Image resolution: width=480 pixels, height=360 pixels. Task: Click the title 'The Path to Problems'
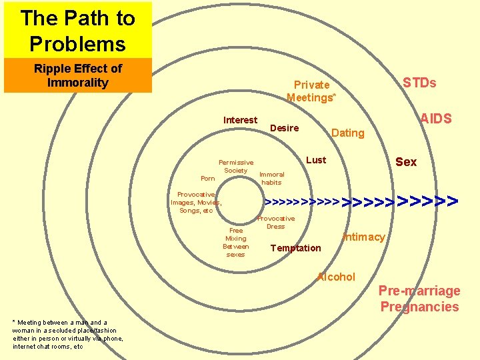[77, 31]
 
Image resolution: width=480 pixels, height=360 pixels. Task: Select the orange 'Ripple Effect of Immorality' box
[78, 75]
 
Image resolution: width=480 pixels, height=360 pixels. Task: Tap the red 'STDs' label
[419, 83]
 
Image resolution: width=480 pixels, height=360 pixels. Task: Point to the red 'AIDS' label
[435, 119]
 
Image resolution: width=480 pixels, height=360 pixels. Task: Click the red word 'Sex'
[406, 162]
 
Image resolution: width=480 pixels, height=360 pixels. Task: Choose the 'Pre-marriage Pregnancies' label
[419, 299]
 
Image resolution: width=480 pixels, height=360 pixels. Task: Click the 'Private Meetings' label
[311, 91]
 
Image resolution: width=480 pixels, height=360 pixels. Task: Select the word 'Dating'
[348, 133]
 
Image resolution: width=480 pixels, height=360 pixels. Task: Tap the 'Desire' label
[285, 128]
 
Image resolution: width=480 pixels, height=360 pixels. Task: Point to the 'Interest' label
[240, 120]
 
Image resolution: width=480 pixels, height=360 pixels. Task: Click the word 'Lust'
[316, 160]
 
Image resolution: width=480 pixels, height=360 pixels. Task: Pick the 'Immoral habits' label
[271, 178]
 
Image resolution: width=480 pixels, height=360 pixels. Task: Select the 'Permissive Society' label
[236, 166]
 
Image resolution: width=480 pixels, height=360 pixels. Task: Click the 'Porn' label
[208, 179]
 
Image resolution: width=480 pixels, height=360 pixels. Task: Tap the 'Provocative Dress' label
[276, 222]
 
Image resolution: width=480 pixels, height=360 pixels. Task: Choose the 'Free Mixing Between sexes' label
[235, 242]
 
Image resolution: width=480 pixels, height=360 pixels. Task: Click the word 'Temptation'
[295, 248]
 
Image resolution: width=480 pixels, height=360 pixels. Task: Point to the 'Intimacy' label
[363, 237]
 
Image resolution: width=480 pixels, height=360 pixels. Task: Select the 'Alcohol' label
[336, 277]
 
